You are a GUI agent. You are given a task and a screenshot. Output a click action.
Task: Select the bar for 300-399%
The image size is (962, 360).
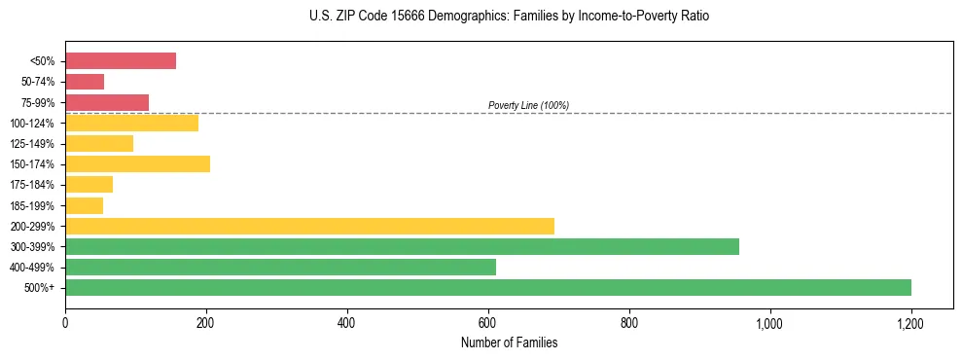(x=402, y=246)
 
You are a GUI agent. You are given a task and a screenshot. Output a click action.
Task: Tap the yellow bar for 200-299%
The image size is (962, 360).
(x=309, y=226)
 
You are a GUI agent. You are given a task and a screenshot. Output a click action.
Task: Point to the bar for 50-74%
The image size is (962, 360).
(x=85, y=82)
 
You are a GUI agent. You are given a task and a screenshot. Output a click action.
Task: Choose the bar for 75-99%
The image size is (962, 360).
(x=107, y=102)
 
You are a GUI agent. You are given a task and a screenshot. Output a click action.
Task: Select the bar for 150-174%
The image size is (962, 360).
(x=137, y=163)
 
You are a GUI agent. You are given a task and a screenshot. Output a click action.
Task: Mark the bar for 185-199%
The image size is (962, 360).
(x=84, y=205)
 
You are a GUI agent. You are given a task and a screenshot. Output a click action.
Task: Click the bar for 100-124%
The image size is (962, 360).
(x=131, y=123)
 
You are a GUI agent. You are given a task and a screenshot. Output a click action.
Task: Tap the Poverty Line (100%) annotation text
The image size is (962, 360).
(x=528, y=105)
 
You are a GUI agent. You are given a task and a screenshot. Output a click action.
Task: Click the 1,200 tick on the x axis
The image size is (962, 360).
(x=910, y=323)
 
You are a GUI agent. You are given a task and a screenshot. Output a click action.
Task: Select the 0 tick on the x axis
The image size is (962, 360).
(x=65, y=323)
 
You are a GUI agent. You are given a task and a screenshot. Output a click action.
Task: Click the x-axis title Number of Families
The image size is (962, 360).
(x=509, y=342)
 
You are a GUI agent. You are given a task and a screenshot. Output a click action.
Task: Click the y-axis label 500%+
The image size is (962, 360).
(x=40, y=288)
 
